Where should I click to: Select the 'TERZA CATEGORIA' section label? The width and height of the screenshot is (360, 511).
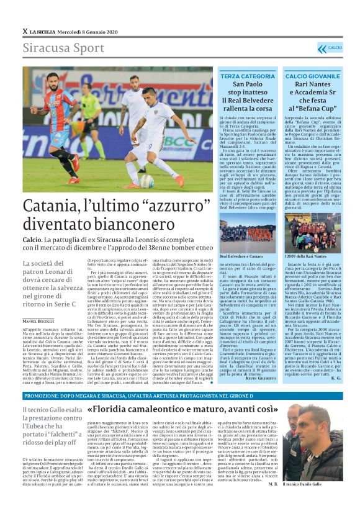point(247,76)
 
